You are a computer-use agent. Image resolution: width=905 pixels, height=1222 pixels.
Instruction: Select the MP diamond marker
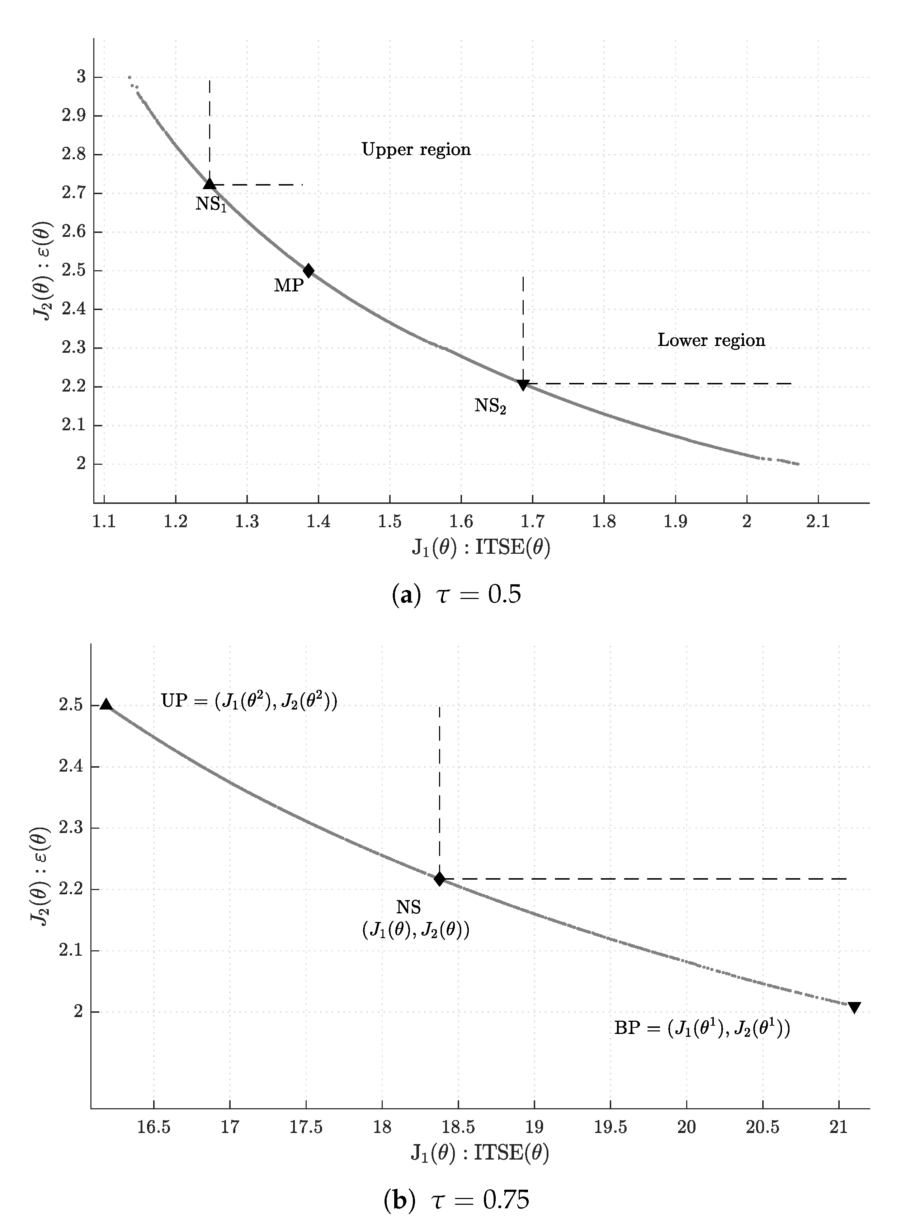(x=308, y=270)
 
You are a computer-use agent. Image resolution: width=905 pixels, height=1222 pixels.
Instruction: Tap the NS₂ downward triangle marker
(x=523, y=385)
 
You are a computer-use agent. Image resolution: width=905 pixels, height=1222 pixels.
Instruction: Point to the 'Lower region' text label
(x=711, y=340)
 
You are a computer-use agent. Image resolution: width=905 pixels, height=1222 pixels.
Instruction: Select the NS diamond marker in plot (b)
(x=439, y=879)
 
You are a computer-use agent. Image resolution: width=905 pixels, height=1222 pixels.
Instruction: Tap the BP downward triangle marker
(x=854, y=1007)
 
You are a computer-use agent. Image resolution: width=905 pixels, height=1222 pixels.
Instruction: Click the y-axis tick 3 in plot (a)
(x=81, y=77)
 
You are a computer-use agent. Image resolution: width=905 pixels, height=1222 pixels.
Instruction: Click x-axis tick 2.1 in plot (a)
(x=818, y=521)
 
